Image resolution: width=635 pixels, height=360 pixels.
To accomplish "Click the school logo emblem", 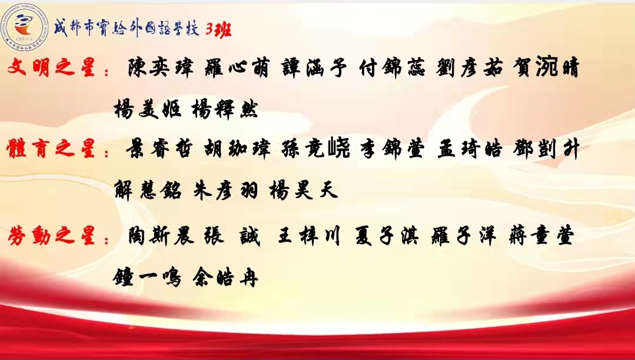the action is (x=24, y=26).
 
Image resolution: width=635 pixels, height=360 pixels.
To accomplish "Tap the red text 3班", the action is (x=218, y=29).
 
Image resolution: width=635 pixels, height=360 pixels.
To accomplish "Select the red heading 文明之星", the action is (x=51, y=67).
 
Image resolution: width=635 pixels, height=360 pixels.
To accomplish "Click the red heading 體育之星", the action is (x=51, y=148).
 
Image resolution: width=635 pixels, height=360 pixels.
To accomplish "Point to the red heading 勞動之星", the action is (x=51, y=236).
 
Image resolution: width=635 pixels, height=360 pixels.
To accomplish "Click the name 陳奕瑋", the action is (x=161, y=68).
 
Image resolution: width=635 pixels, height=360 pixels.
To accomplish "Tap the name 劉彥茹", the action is (x=470, y=68).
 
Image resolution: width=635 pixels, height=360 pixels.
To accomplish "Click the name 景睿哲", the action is (x=158, y=149).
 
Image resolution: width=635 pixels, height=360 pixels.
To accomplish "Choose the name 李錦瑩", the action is (x=393, y=149).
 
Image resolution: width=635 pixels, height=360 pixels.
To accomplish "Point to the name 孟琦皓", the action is (x=470, y=149).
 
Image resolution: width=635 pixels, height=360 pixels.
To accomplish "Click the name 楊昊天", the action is (x=303, y=191).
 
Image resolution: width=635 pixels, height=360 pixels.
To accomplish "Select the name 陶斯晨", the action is (x=161, y=236).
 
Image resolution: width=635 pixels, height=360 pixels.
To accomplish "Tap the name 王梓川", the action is (x=308, y=236).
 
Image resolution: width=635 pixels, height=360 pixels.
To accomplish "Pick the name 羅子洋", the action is (x=464, y=236).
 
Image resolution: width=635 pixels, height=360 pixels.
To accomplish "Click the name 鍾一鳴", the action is (x=147, y=277).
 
